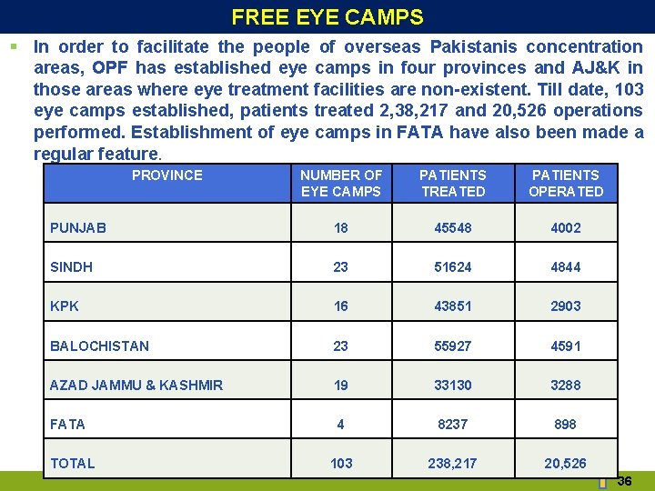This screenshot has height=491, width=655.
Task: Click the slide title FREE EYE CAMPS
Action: click(327, 17)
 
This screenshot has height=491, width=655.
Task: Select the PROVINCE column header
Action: click(167, 175)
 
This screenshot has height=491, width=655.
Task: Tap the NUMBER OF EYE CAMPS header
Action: click(341, 183)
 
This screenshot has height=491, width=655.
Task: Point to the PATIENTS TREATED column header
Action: click(453, 183)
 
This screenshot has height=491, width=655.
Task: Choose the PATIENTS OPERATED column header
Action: click(566, 183)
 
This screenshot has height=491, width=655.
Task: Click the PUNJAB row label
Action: click(78, 227)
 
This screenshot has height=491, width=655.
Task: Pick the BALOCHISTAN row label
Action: click(99, 346)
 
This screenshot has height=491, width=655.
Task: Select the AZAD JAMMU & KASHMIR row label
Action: click(136, 385)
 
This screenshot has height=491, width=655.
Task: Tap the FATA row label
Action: click(67, 424)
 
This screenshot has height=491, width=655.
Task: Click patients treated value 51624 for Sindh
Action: click(453, 267)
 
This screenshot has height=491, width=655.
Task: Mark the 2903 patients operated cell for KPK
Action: click(566, 306)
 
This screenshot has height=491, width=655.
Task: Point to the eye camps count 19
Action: click(341, 385)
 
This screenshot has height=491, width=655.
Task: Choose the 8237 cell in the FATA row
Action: click(453, 424)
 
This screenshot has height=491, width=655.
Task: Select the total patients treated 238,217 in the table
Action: click(453, 463)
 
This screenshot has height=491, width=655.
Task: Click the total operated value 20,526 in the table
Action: click(566, 463)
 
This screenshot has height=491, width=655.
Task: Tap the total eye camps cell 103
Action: click(341, 463)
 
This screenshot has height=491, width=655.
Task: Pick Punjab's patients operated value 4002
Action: click(566, 227)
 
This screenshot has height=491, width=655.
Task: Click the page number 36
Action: click(624, 481)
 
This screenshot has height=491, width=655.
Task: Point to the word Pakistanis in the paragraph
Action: click(473, 46)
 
